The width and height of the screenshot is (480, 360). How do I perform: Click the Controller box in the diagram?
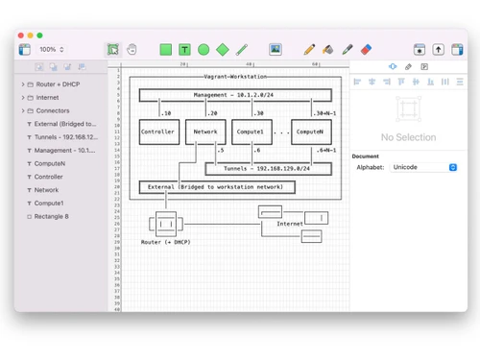156,131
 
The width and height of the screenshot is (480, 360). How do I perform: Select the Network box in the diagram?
204,131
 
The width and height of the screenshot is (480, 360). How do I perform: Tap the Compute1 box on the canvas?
252,131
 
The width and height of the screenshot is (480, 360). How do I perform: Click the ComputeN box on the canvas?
311,131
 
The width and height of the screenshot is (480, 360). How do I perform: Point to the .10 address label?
165,112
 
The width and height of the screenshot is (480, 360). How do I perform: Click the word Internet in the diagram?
290,224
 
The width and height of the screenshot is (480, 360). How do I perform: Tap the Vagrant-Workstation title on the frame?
236,75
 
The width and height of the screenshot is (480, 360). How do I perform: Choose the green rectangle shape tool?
165,49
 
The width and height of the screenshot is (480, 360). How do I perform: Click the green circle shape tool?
204,49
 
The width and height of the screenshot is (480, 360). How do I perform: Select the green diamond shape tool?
223,49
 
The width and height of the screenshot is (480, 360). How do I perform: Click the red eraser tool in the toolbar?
365,49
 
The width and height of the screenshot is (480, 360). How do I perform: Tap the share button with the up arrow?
439,49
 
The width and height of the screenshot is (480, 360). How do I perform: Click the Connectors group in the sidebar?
54,110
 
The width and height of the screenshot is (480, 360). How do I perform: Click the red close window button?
24,35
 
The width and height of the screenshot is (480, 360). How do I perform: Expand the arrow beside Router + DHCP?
21,84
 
